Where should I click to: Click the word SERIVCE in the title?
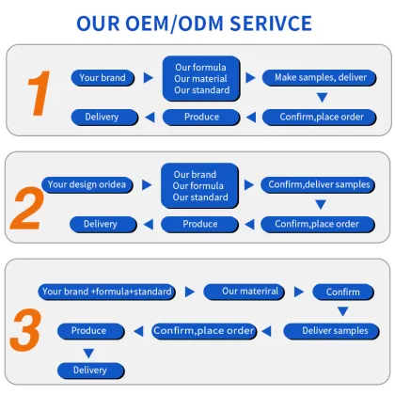coord(271,24)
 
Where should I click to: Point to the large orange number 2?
coord(27,208)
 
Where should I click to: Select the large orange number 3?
coord(25,330)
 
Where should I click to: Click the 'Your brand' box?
coord(103,78)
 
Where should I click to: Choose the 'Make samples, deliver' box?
coord(319,78)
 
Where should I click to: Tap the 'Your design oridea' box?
coord(87,184)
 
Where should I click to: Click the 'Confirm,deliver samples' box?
coord(318,184)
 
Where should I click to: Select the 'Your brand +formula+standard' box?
coord(106,292)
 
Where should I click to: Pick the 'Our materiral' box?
coord(245,292)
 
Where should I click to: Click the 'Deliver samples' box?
coord(331,331)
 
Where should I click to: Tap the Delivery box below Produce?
coord(91,371)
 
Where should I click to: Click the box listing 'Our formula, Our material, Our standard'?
coord(201,79)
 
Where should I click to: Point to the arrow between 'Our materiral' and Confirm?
coord(299,292)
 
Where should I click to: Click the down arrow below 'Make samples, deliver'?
coord(322,97)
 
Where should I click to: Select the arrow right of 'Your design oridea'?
coord(147,184)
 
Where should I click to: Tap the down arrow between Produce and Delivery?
coord(88,354)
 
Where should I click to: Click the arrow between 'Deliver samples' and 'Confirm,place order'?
coord(266,331)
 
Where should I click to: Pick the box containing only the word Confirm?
coord(343,292)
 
